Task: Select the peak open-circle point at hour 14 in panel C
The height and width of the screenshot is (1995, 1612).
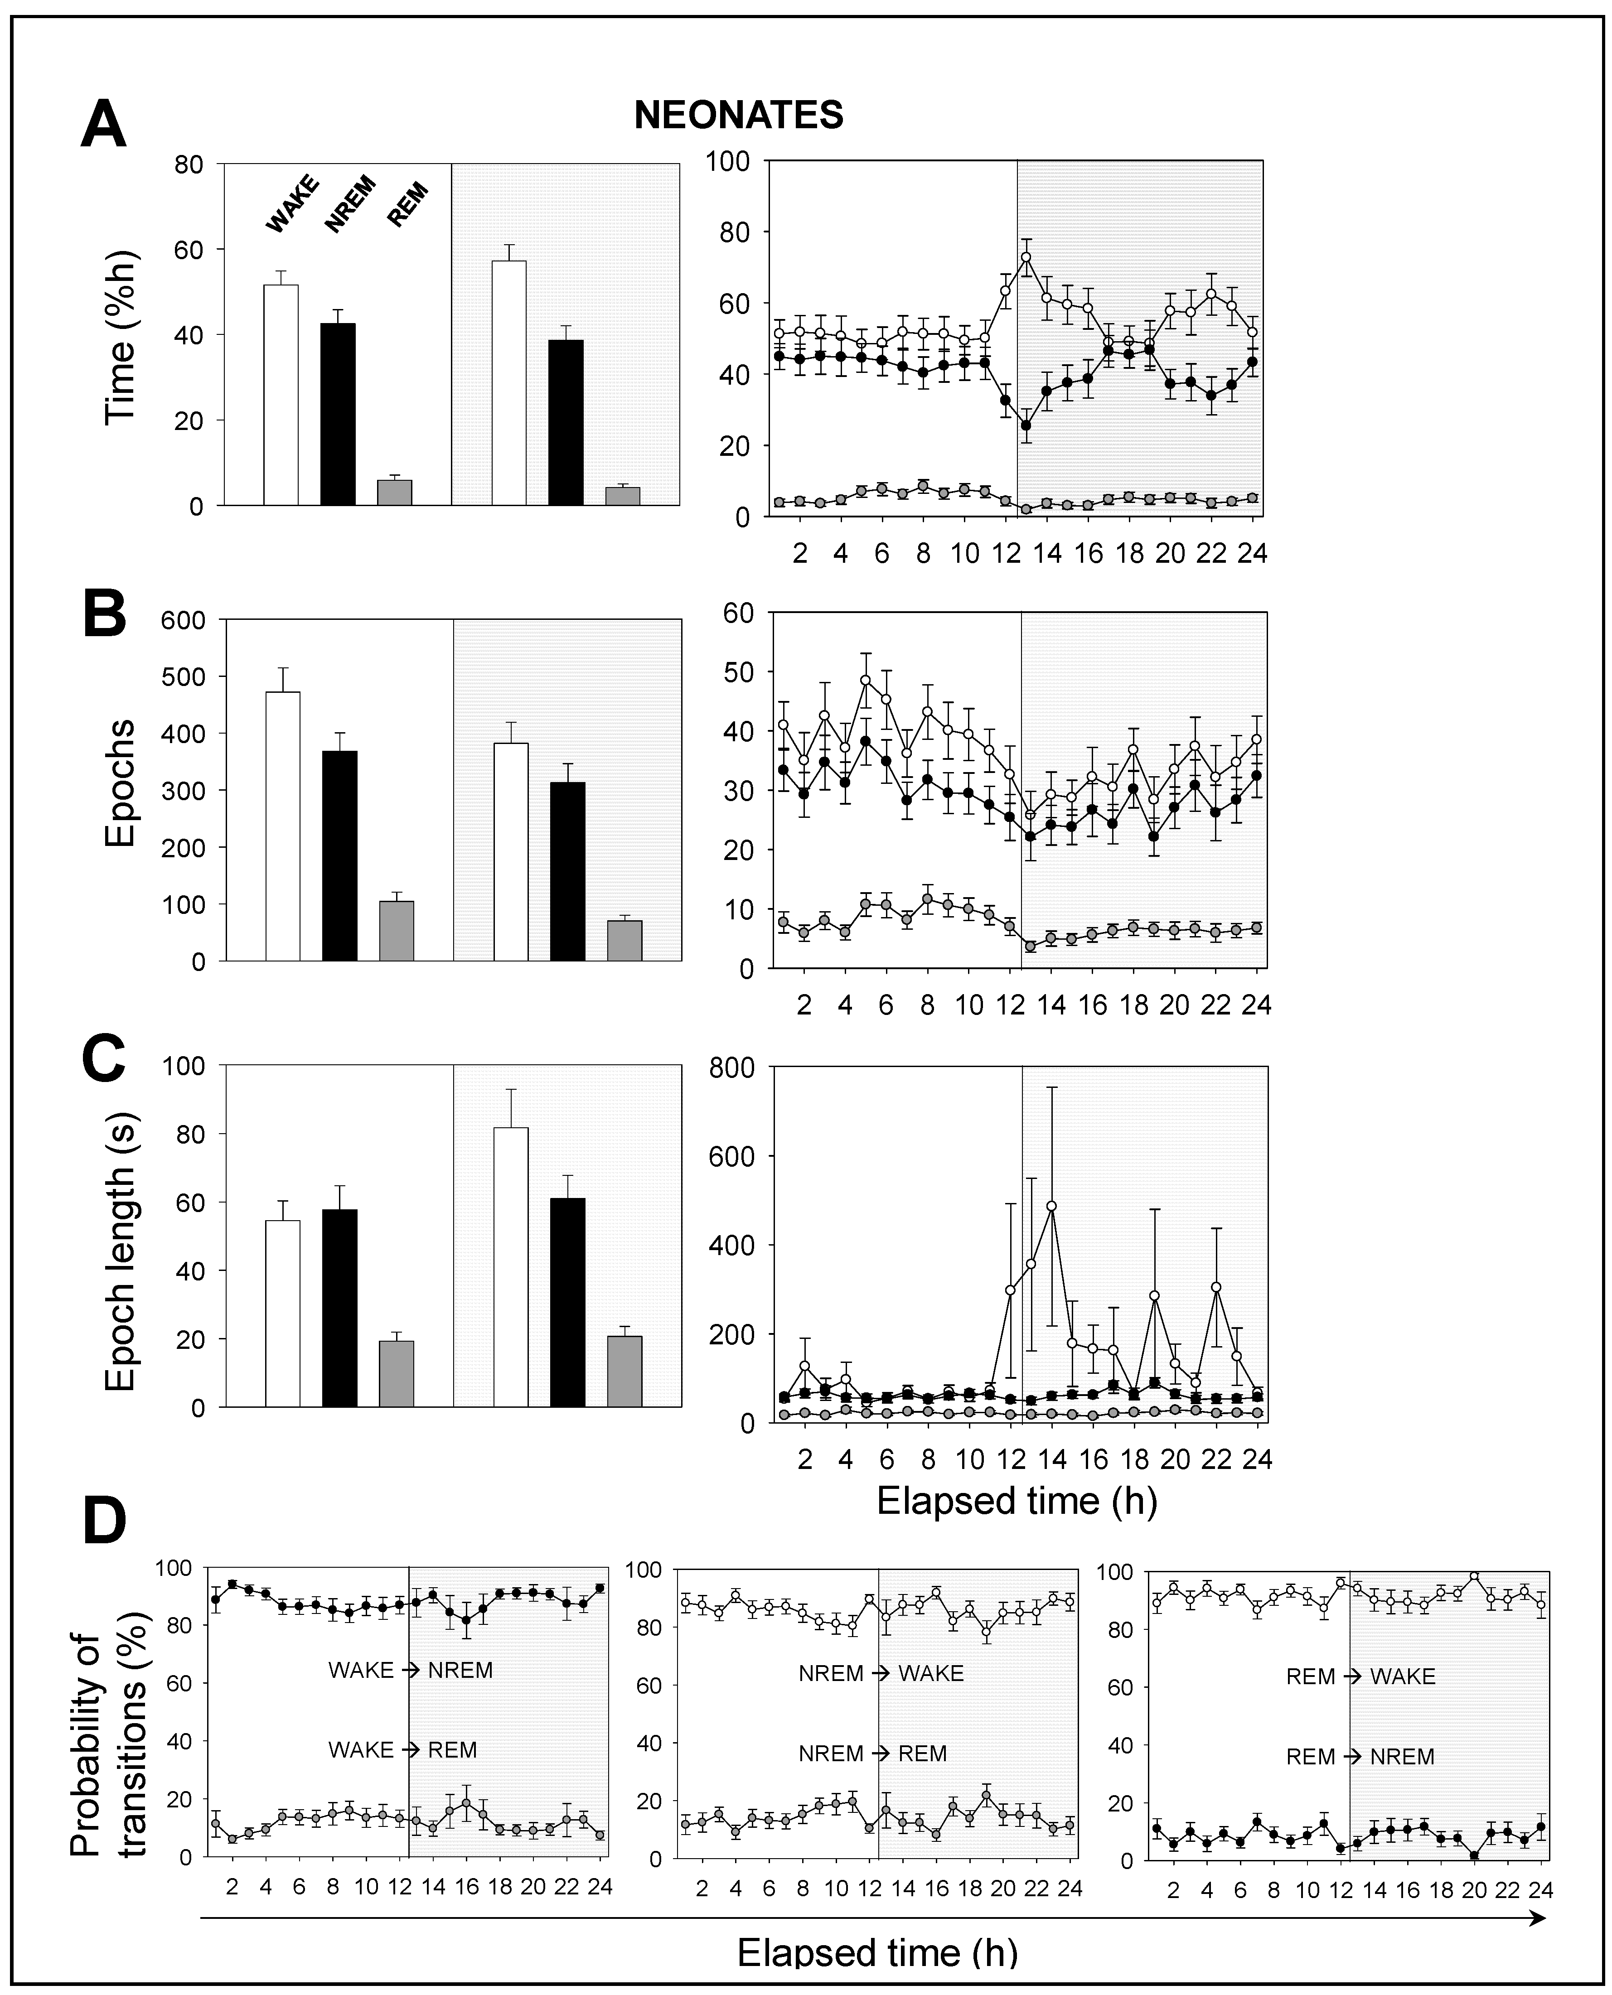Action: pyautogui.click(x=1051, y=1206)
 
